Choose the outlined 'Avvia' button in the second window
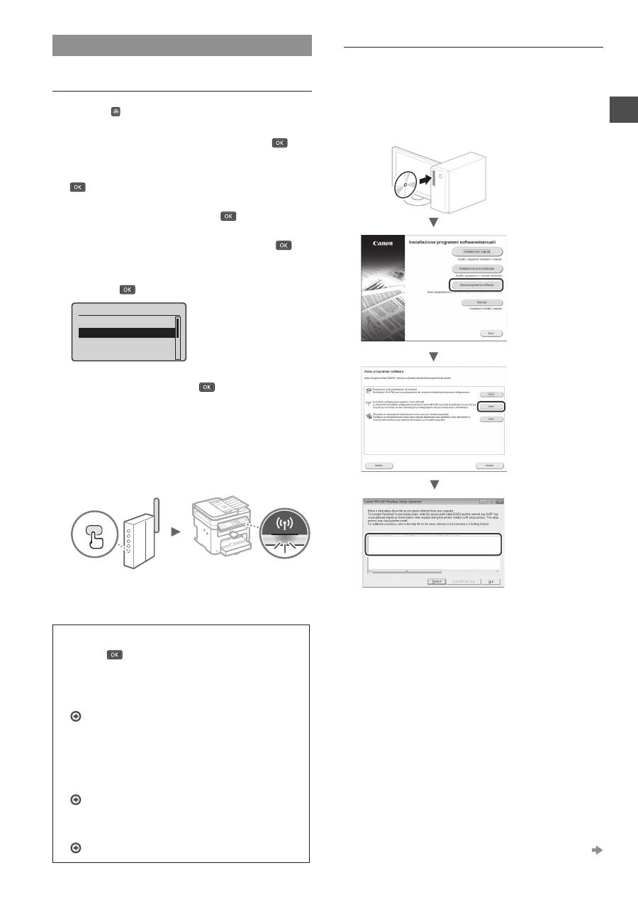tap(490, 407)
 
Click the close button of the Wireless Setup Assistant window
tap(499, 501)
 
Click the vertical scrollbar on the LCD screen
tap(179, 339)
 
